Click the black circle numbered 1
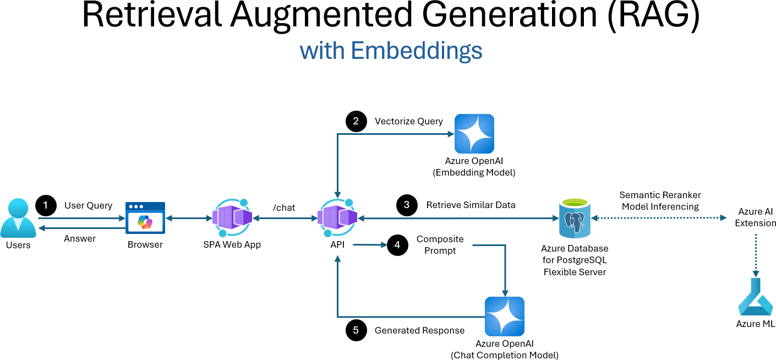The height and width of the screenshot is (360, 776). click(x=46, y=205)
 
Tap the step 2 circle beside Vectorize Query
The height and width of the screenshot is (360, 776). click(x=356, y=121)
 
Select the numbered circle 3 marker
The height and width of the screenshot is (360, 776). click(x=407, y=205)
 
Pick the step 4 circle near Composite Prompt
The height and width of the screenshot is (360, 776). click(x=397, y=245)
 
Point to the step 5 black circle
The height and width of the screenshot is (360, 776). click(x=356, y=330)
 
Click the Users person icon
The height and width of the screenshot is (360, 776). click(x=18, y=218)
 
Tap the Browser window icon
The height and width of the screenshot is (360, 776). click(x=145, y=218)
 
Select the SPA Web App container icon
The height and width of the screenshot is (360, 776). click(x=232, y=217)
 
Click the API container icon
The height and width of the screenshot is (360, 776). click(x=337, y=217)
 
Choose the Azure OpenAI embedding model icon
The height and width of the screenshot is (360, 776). click(x=474, y=134)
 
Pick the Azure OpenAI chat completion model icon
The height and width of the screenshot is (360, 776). click(x=504, y=317)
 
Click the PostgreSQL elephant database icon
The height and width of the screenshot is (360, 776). click(x=575, y=219)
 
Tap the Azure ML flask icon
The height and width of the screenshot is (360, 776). click(x=756, y=297)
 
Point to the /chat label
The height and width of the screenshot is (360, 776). click(x=284, y=208)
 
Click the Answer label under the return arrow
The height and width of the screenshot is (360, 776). click(x=80, y=238)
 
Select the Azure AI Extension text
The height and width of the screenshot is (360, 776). click(x=756, y=217)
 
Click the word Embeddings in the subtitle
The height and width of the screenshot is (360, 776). click(x=417, y=51)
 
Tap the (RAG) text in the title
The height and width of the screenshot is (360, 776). click(x=654, y=15)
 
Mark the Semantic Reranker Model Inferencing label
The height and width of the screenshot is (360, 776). click(x=660, y=200)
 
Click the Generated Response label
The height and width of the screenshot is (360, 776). click(x=419, y=330)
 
